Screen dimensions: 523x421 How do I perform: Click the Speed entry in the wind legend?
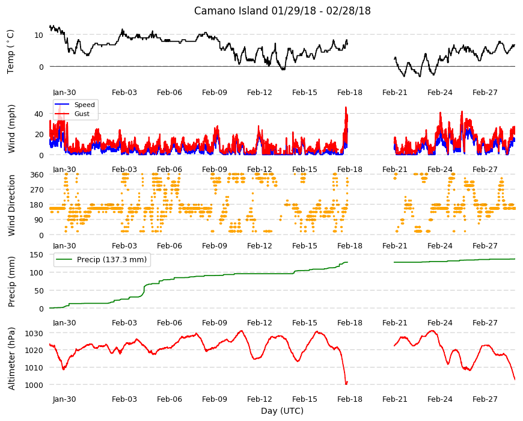(x=84, y=105)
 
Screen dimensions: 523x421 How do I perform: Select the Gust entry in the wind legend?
(x=82, y=114)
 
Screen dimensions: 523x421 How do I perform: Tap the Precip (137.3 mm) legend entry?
(x=112, y=260)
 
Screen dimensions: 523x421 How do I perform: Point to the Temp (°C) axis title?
(x=11, y=51)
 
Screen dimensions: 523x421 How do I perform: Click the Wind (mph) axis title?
(x=11, y=129)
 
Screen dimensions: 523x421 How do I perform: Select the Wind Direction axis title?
(x=11, y=205)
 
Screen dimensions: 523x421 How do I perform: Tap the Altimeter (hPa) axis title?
(x=11, y=358)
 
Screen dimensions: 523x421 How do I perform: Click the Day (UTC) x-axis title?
(x=282, y=411)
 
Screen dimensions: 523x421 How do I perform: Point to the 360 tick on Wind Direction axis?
(x=37, y=174)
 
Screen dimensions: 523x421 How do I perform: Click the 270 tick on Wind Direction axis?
(x=37, y=190)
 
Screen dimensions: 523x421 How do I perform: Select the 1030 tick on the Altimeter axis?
(x=34, y=334)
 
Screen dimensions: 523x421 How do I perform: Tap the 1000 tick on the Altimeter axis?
(x=34, y=385)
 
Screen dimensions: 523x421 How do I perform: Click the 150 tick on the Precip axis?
(x=37, y=254)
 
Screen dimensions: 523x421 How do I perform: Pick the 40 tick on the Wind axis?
(x=38, y=114)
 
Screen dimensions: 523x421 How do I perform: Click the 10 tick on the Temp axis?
(x=38, y=35)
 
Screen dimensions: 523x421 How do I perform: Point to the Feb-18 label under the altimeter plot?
(x=349, y=399)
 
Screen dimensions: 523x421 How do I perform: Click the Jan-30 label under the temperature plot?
(x=64, y=93)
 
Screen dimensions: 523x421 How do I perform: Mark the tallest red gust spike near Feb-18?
(x=346, y=108)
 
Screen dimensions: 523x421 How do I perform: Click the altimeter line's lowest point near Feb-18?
(x=346, y=384)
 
